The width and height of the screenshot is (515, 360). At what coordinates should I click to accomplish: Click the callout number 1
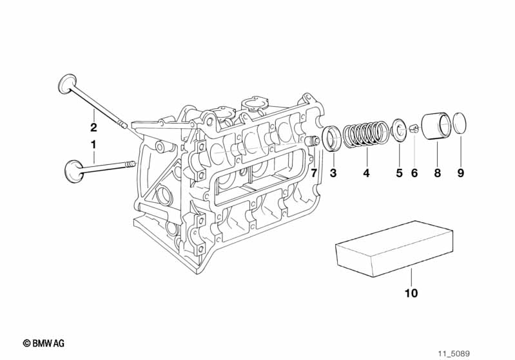tap(93, 144)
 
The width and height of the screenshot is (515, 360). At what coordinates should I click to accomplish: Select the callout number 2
tap(93, 127)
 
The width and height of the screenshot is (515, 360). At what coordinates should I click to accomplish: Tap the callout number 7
tap(314, 173)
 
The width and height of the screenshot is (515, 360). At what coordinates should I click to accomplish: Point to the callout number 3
tap(333, 173)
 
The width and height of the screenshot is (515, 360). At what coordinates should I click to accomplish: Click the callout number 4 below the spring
tap(366, 173)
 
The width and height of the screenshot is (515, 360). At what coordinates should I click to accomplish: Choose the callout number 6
tap(414, 173)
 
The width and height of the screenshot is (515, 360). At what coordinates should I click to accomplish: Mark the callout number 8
tap(437, 173)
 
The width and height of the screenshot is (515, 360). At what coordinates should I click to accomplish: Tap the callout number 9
tap(460, 173)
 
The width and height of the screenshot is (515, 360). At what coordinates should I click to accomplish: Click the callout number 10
tap(411, 293)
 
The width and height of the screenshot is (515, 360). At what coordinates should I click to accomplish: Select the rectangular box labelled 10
tap(394, 249)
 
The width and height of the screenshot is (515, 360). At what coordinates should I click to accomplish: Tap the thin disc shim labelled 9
tap(460, 123)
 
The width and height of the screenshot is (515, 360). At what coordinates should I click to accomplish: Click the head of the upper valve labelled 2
tap(67, 83)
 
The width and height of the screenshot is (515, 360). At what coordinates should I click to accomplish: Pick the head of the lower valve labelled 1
tap(73, 170)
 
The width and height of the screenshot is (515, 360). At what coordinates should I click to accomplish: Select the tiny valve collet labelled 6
tap(414, 128)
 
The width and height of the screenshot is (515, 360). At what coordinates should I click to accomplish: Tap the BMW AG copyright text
tap(43, 343)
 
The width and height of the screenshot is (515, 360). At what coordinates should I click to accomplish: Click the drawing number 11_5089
tap(454, 354)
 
